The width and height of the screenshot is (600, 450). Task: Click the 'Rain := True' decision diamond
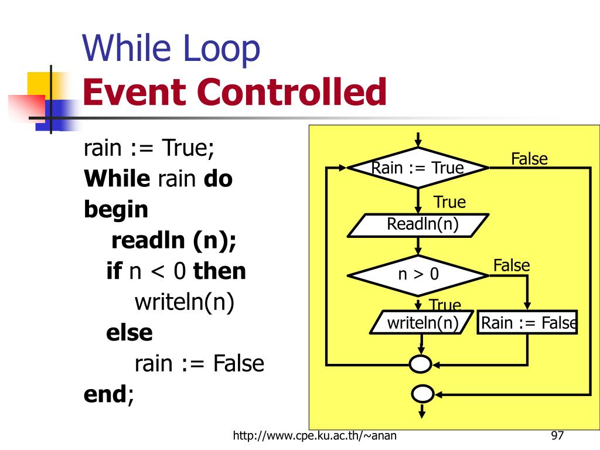click(x=418, y=168)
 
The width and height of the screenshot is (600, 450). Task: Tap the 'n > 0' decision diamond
click(x=418, y=274)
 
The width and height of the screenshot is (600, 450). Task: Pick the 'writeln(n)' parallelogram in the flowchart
click(x=422, y=322)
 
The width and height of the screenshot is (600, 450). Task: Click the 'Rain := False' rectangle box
click(x=527, y=322)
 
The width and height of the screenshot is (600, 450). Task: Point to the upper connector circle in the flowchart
click(x=420, y=364)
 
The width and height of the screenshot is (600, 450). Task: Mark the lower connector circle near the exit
click(x=422, y=394)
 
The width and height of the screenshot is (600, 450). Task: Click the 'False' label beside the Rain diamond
click(x=529, y=159)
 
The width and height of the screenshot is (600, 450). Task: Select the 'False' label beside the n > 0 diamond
click(x=511, y=265)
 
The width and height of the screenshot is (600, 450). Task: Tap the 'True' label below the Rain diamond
click(x=449, y=203)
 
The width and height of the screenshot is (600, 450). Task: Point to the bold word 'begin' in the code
click(x=116, y=210)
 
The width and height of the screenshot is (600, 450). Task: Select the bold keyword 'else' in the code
click(x=129, y=333)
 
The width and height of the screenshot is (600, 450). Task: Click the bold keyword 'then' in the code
click(x=220, y=271)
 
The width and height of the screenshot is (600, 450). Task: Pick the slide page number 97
click(x=557, y=436)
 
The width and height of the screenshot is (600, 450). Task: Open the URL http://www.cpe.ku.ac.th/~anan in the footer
click(x=318, y=436)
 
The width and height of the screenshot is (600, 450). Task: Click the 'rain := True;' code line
click(x=149, y=148)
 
